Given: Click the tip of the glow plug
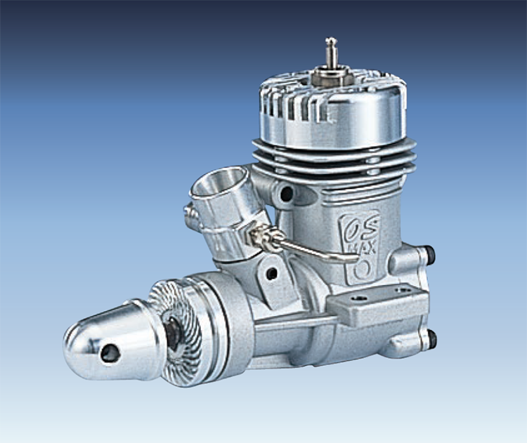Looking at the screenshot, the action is (331, 40).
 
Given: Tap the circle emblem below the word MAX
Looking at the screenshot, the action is (363, 269).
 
